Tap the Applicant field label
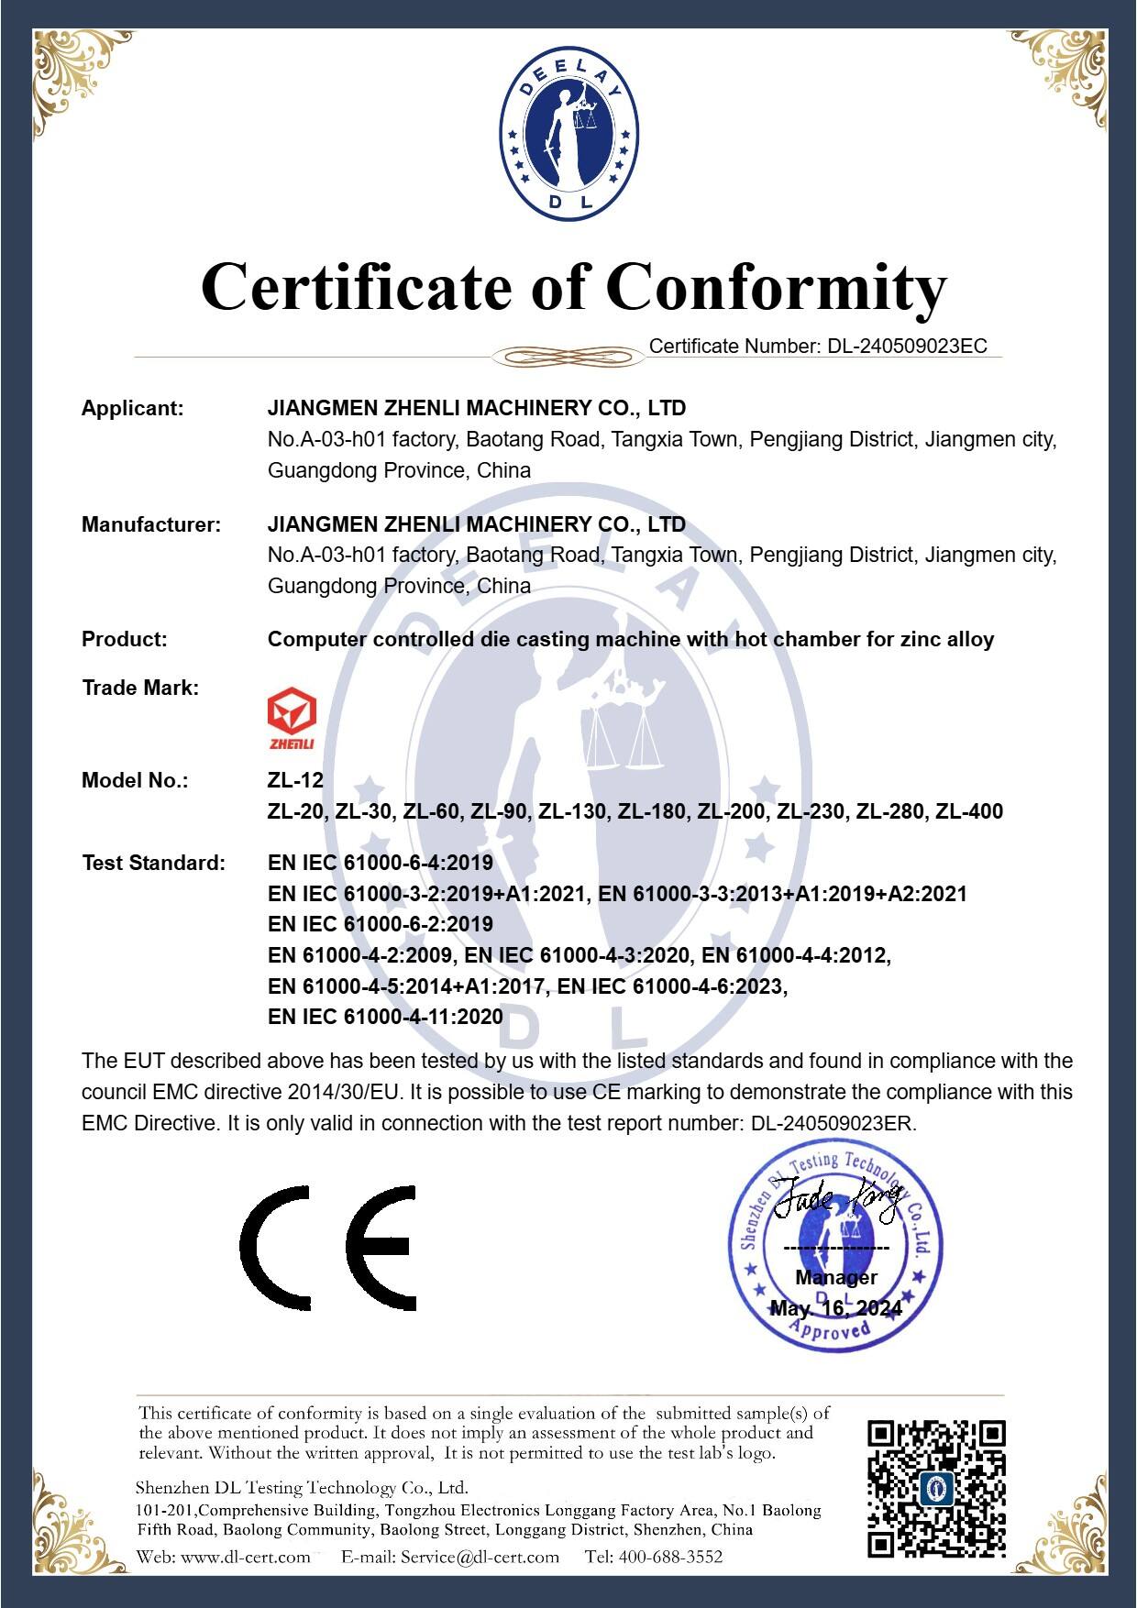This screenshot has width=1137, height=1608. coord(133,409)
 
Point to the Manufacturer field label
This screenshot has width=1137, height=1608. coord(151,524)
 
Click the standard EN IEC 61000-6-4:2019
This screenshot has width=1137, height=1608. coord(380,863)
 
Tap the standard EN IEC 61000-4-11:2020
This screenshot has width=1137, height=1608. coord(385,1017)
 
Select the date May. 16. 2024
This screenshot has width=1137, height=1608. coord(836,1308)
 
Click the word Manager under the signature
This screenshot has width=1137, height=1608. coord(836,1277)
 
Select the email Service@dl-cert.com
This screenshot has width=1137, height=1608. coord(480,1557)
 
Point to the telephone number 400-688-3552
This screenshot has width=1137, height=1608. coord(670,1557)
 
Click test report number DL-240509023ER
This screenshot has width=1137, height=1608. coord(844,1124)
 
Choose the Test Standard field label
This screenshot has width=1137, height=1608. coord(153,863)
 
